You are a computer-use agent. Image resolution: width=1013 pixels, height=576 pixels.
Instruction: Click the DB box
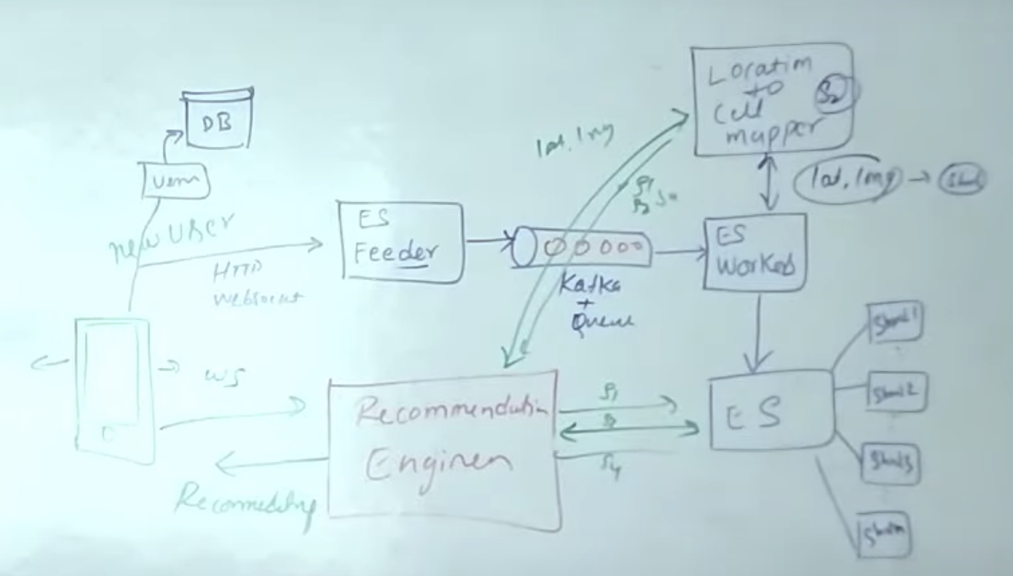pos(218,121)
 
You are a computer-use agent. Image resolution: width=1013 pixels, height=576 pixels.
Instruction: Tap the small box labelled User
pos(175,180)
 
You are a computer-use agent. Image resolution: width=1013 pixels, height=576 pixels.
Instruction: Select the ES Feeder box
pos(401,242)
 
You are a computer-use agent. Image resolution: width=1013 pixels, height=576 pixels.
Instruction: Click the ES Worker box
pos(755,252)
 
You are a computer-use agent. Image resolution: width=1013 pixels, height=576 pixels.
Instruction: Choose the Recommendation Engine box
pos(443,449)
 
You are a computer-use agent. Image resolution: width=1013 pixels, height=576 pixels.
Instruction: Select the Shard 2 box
pos(897,392)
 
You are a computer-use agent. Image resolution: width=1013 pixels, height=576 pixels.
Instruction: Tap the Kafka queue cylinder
pos(582,248)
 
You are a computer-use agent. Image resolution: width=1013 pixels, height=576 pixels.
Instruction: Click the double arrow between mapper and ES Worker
pos(768,183)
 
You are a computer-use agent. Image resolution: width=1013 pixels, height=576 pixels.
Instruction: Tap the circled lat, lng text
pos(848,180)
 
